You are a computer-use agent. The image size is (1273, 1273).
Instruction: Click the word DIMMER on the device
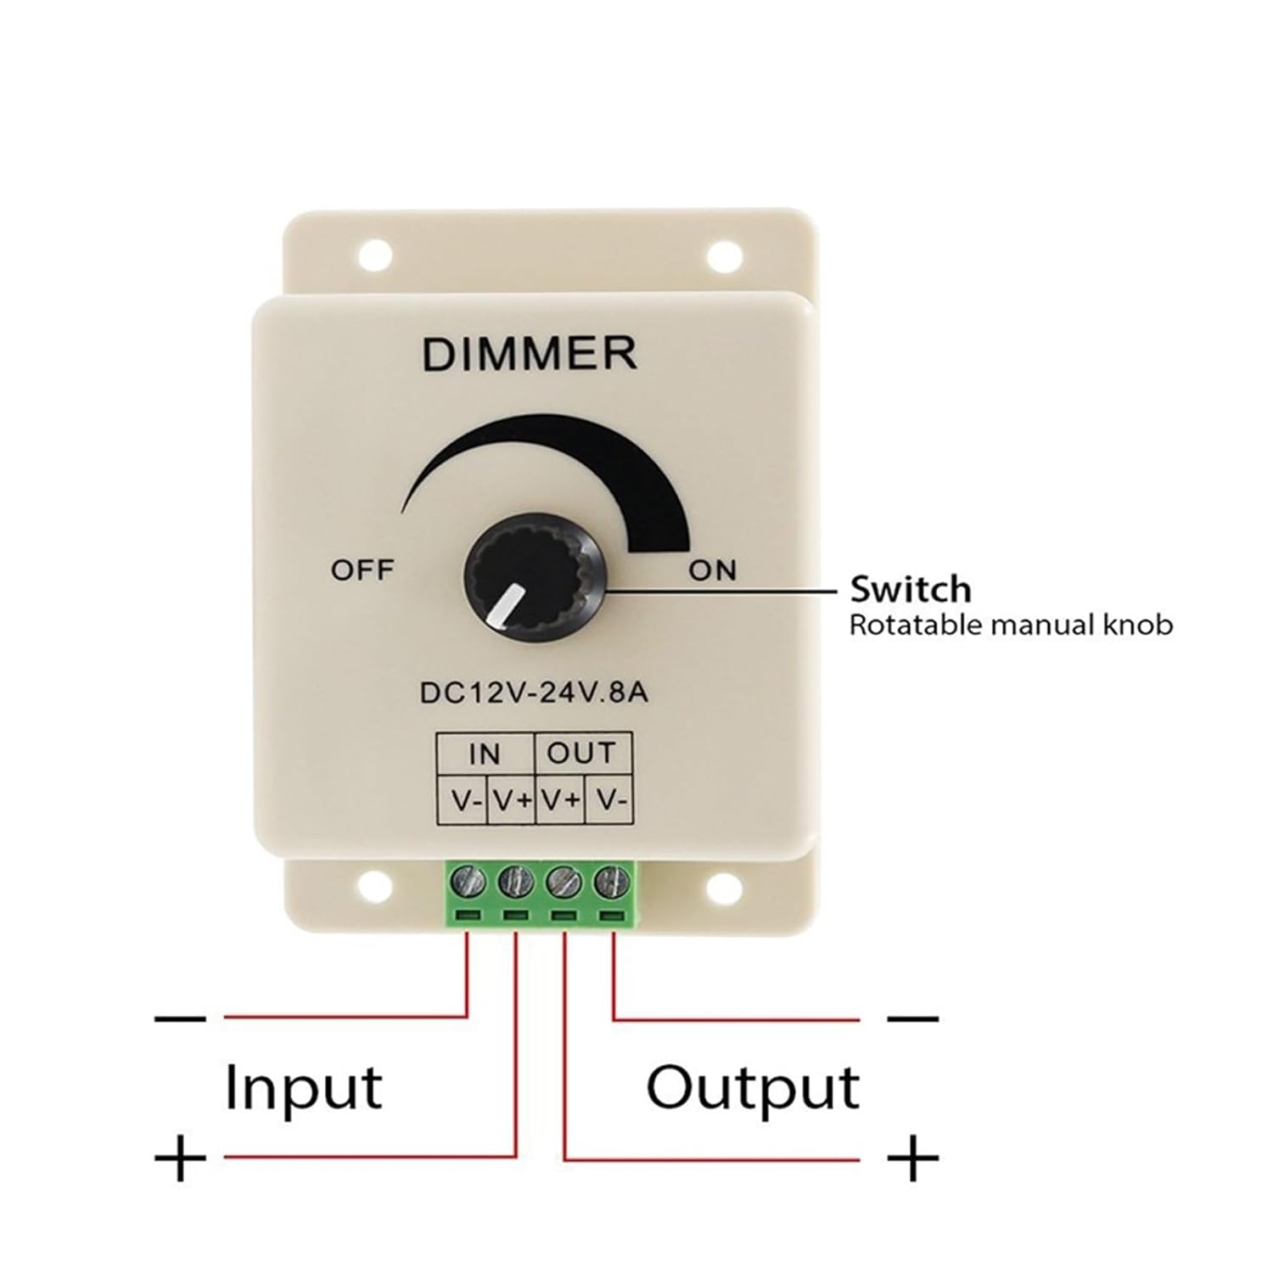pos(529,354)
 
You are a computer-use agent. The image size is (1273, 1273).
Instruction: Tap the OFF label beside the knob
pos(362,569)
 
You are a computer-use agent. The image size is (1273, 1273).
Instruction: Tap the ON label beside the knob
pos(713,570)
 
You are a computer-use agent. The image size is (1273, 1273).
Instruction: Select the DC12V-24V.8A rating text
pos(534,693)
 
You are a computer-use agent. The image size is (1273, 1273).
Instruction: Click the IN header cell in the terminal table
pos(485,753)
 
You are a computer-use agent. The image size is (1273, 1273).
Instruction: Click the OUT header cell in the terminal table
pos(581,753)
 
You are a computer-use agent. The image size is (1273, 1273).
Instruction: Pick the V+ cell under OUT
pos(560,799)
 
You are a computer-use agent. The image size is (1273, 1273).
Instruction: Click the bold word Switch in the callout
pos(910,588)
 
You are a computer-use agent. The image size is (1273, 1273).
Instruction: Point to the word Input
pos(303,1089)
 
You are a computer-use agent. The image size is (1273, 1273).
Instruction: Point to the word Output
pos(753,1089)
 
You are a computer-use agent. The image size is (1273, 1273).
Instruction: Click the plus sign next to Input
pos(181,1156)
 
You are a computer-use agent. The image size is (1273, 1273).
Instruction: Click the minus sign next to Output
pos(912,1017)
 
